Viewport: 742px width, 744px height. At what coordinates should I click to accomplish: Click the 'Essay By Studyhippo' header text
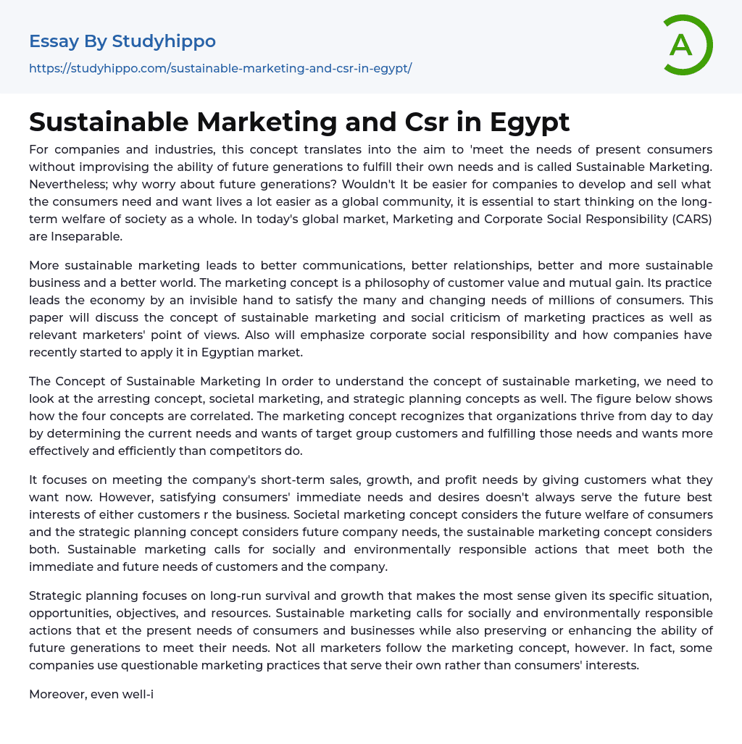coord(122,41)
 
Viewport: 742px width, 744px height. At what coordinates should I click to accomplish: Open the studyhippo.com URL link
coord(220,68)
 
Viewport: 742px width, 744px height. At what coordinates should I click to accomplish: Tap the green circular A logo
coord(683,45)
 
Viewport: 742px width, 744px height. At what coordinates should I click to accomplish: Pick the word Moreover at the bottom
coord(57,694)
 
